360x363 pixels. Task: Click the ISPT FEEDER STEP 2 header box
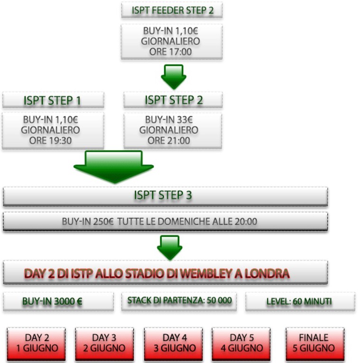(172, 10)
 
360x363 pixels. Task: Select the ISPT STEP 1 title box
(53, 101)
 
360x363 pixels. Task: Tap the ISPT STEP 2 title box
(173, 101)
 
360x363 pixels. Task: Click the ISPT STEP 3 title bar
(165, 196)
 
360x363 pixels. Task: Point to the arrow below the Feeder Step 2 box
(173, 76)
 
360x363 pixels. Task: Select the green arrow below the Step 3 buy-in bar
(169, 246)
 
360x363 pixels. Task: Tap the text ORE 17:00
(171, 52)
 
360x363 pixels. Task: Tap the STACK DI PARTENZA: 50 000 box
(179, 301)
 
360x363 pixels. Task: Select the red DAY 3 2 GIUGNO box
(104, 343)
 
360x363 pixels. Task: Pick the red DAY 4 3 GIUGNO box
(173, 343)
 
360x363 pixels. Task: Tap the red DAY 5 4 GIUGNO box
(241, 343)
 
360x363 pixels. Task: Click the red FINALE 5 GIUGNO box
(314, 343)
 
